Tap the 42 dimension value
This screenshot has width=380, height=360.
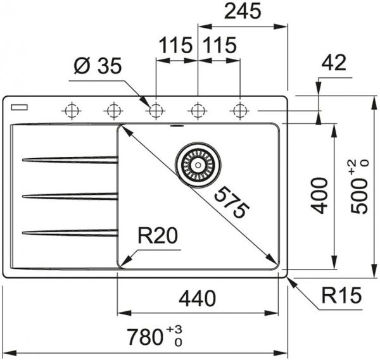point(336,63)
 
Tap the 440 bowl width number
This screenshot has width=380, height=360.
point(198,298)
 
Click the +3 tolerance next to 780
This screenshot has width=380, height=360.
point(175,330)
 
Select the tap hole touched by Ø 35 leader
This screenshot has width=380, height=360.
point(155,111)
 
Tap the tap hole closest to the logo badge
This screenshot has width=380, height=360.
point(71,111)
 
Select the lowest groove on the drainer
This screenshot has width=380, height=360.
point(70,233)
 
